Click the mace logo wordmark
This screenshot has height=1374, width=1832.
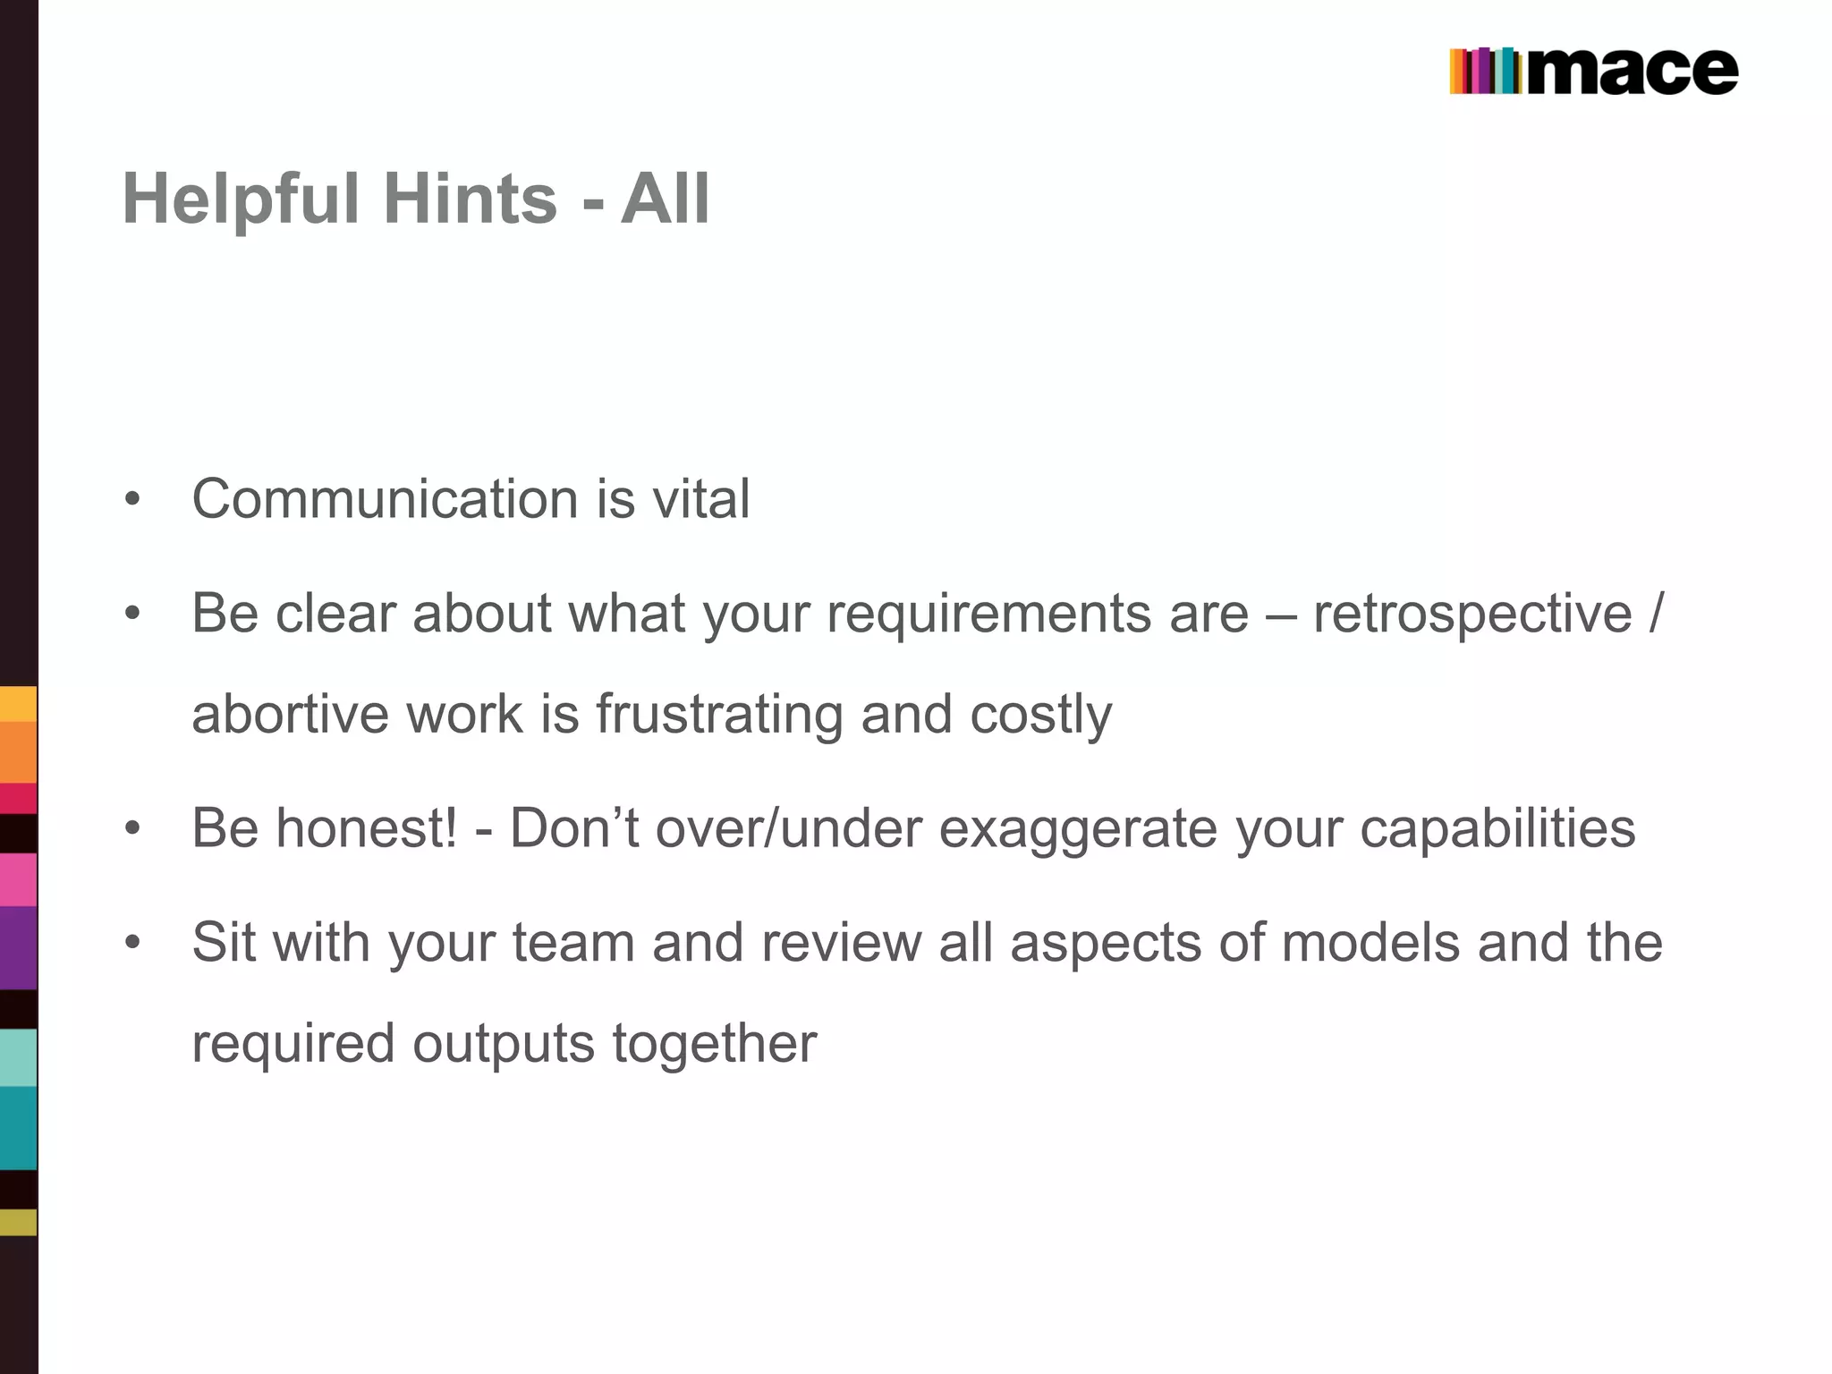click(1633, 72)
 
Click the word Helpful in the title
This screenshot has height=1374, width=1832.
click(240, 199)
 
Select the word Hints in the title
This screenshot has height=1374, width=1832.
click(471, 199)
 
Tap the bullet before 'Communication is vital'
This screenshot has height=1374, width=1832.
click(132, 498)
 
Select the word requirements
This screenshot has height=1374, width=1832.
click(988, 614)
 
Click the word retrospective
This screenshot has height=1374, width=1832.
click(1472, 614)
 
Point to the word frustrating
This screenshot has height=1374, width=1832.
click(718, 714)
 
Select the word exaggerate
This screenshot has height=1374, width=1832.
click(1078, 828)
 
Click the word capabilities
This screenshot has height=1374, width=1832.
click(1497, 828)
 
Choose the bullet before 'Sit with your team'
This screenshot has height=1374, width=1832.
click(132, 943)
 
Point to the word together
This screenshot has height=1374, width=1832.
click(714, 1043)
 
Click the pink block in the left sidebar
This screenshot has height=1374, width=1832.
click(18, 879)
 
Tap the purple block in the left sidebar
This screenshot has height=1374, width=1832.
click(18, 948)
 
